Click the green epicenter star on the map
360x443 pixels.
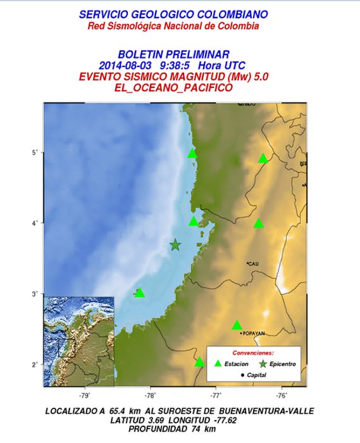point(175,245)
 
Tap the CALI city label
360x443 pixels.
point(253,263)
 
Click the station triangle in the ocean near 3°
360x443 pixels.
point(140,293)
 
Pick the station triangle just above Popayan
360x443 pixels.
point(237,325)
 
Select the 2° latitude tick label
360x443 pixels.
point(36,365)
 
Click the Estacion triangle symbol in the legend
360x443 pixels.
point(218,364)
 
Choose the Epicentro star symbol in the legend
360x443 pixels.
point(263,364)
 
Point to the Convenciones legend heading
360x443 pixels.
point(253,352)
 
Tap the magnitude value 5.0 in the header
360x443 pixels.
point(260,77)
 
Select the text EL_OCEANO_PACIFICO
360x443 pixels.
point(173,87)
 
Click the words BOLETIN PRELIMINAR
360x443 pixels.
point(173,55)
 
